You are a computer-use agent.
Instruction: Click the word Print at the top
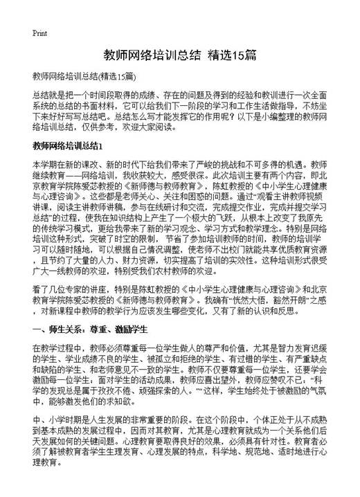pyautogui.click(x=39, y=33)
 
